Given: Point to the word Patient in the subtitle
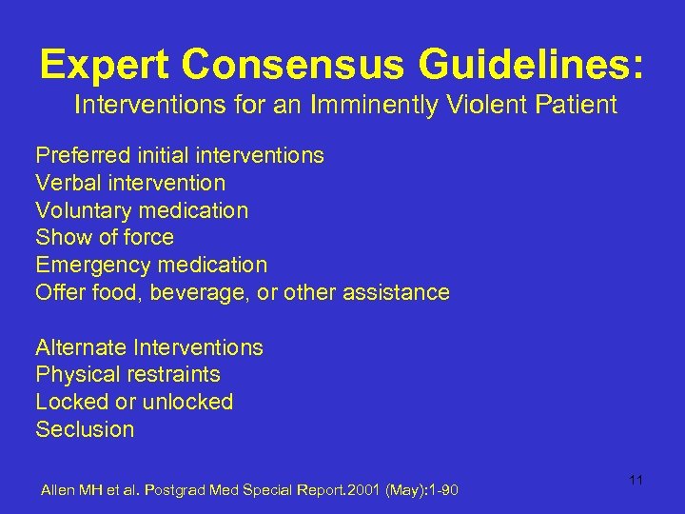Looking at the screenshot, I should click(575, 105).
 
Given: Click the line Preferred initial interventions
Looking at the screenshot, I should click(180, 155).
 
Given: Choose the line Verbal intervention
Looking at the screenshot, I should click(130, 183).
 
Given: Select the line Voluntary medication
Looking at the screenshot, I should click(142, 210).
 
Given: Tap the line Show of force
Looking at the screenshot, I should click(105, 237).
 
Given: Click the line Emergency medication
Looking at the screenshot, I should click(151, 265).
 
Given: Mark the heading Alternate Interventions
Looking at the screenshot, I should click(149, 347).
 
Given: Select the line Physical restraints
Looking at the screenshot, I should click(127, 375).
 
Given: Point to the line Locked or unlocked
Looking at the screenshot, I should click(134, 402).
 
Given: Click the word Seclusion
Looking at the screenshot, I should click(85, 429).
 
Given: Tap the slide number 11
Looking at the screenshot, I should click(636, 480).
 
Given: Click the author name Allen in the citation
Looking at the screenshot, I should click(56, 490).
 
